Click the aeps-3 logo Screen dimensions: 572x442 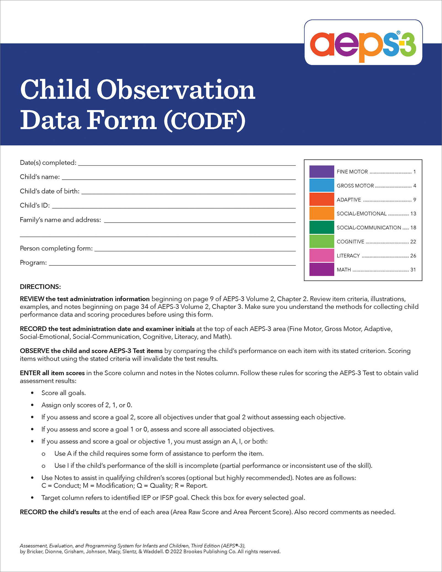point(363,43)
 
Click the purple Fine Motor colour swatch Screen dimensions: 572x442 point(321,172)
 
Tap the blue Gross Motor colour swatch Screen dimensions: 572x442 point(321,185)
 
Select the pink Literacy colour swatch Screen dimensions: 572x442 point(321,256)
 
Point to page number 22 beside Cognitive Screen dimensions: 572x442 point(413,242)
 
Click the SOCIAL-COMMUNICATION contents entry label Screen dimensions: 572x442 point(369,228)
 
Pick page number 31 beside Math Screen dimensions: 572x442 point(413,270)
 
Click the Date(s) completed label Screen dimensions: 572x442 point(48,163)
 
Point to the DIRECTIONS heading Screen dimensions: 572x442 point(40,287)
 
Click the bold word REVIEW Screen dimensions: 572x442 point(32,299)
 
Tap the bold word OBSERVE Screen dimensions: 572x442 point(34,351)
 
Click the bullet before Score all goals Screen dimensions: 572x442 point(33,393)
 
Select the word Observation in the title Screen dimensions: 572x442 point(176,90)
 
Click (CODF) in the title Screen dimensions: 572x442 point(204,121)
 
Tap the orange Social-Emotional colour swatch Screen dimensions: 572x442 point(321,214)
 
